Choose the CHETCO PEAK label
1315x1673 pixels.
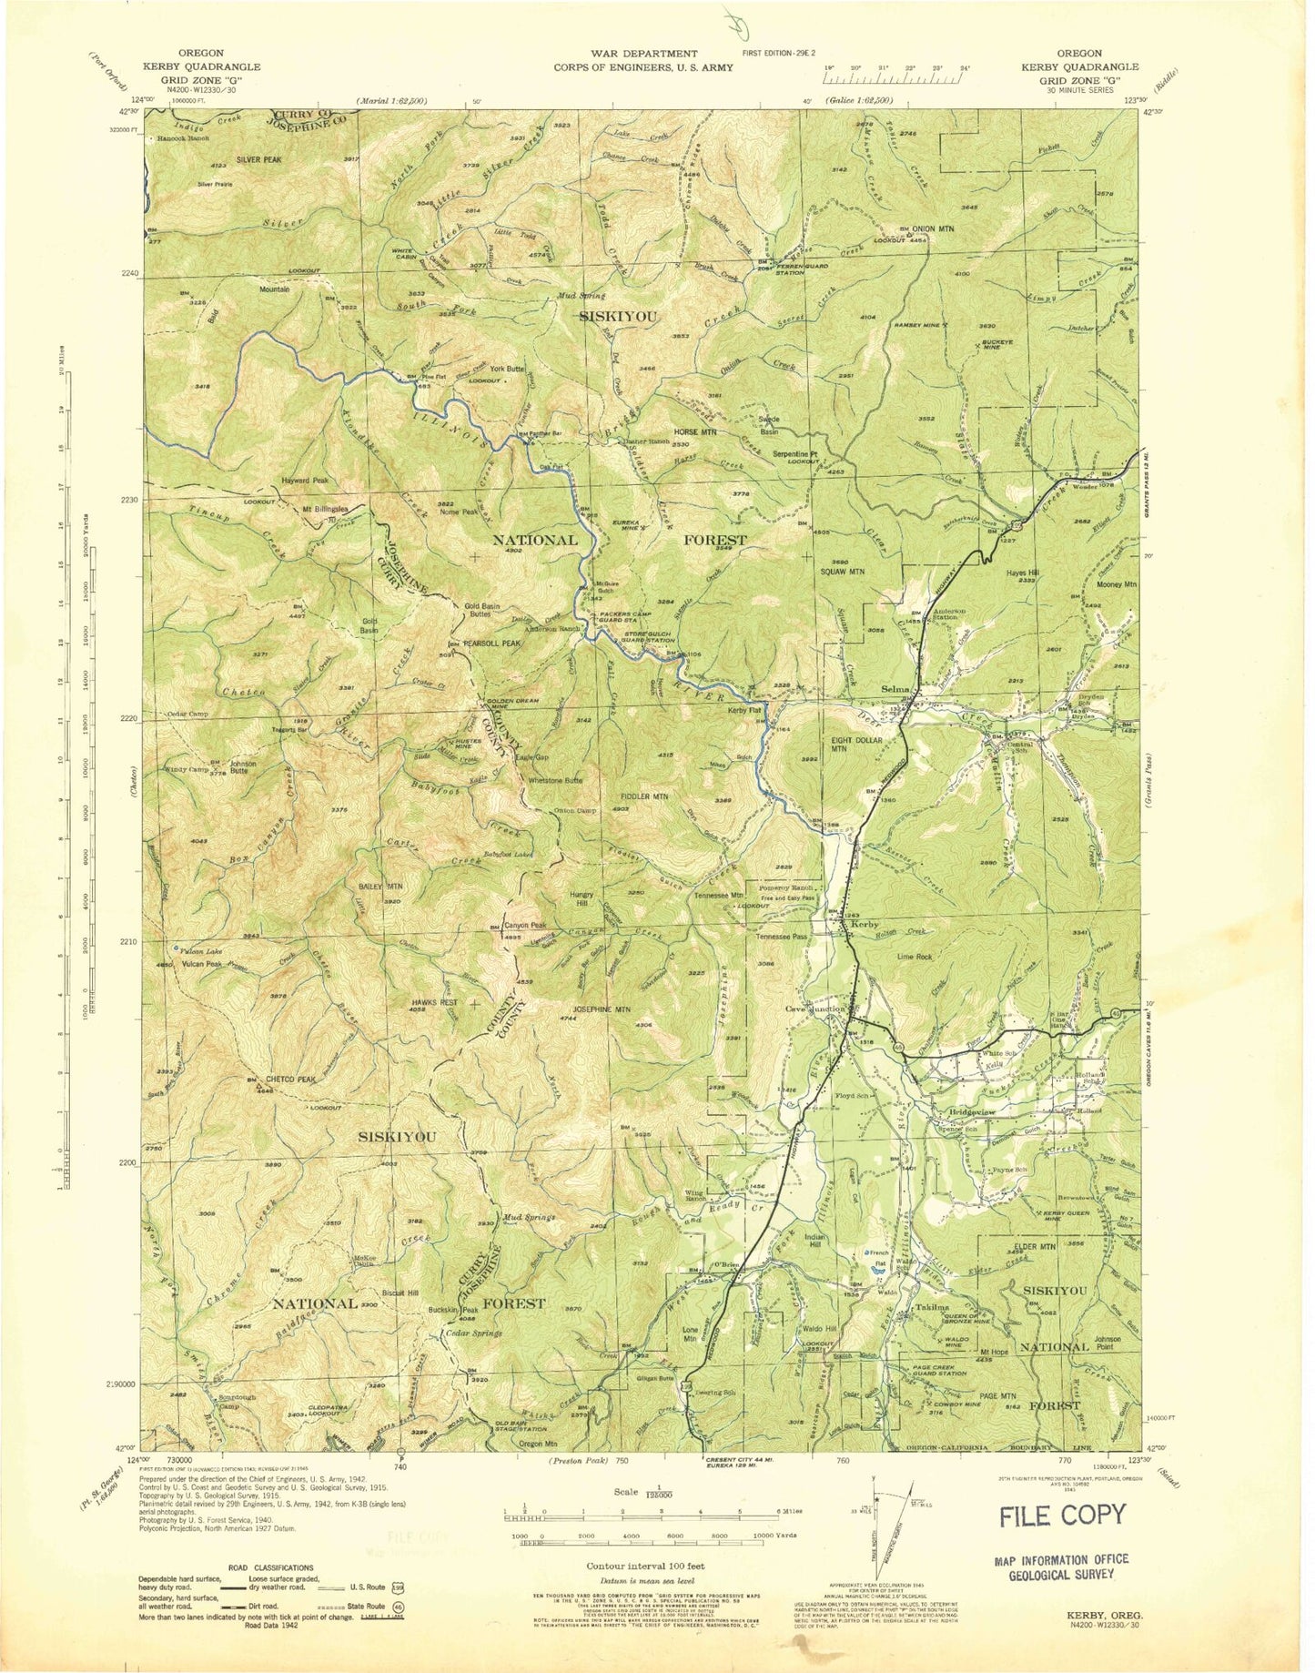(x=289, y=1080)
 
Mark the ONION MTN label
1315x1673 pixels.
(x=933, y=228)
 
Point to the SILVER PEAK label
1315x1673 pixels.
(x=261, y=159)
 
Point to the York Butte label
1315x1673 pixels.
(x=508, y=369)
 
